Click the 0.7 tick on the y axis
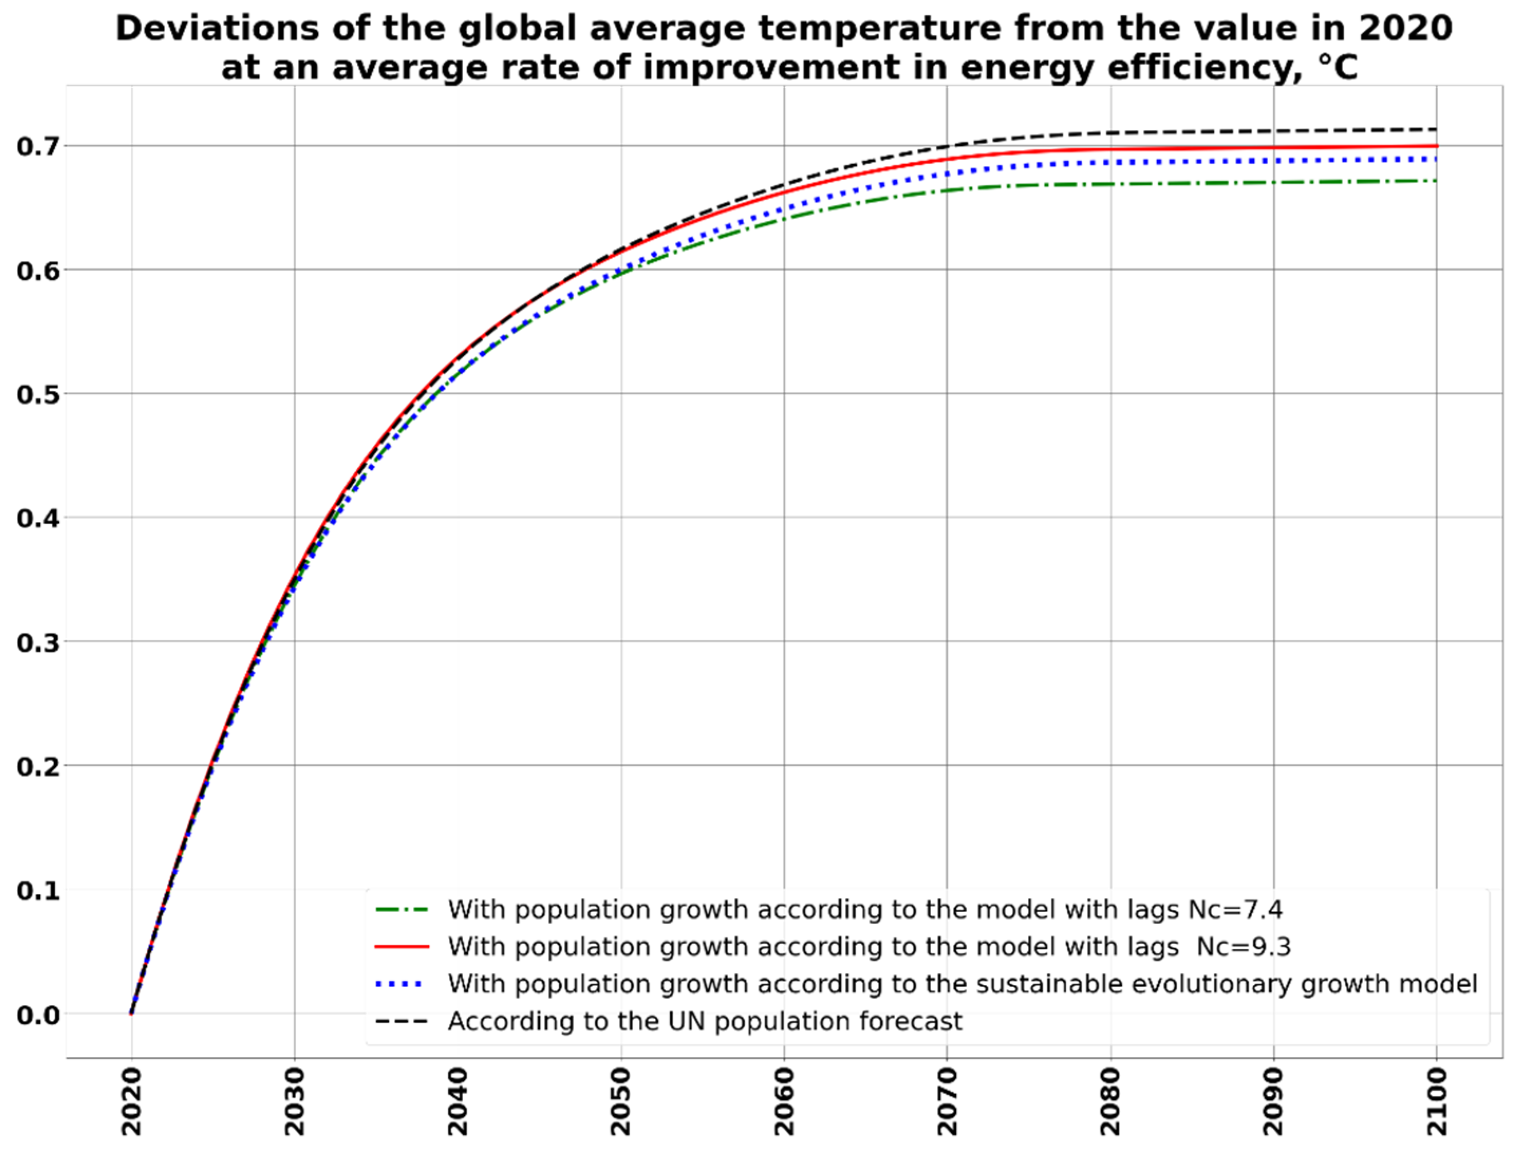(x=38, y=146)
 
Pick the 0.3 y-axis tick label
(x=38, y=642)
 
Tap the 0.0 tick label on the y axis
(x=38, y=1015)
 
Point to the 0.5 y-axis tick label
(x=38, y=395)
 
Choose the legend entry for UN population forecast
(x=705, y=1021)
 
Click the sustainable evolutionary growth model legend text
(x=963, y=984)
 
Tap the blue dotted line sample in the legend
(x=401, y=984)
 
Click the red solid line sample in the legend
(x=401, y=947)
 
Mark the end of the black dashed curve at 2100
(x=1436, y=129)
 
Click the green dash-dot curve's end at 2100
(x=1436, y=181)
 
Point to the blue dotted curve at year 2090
(x=1273, y=160)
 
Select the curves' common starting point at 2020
(x=132, y=1013)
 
